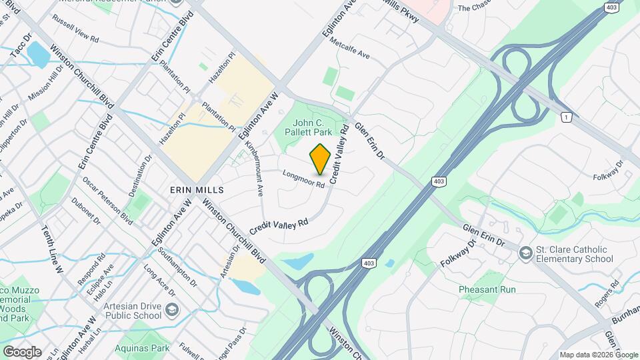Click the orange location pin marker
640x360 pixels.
[321, 159]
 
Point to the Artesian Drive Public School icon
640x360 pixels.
[172, 309]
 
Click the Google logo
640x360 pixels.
[22, 351]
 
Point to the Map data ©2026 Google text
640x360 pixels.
[598, 354]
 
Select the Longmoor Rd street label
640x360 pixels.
[303, 179]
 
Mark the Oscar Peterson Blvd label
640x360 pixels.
[108, 201]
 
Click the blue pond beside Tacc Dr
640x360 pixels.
[38, 55]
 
